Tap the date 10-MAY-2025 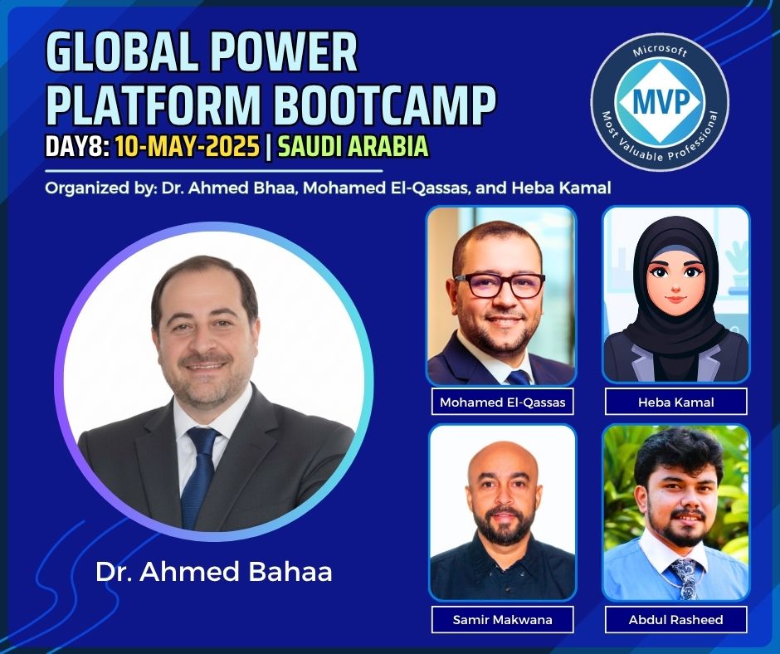point(188,147)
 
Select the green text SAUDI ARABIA point(353,147)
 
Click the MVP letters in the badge point(661,101)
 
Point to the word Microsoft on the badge point(661,51)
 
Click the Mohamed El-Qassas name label point(502,402)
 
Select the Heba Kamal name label point(676,402)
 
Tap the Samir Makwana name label point(502,620)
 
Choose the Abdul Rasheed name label point(676,620)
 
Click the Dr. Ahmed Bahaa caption point(214,572)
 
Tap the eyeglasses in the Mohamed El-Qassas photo point(500,286)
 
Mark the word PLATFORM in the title point(157,105)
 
